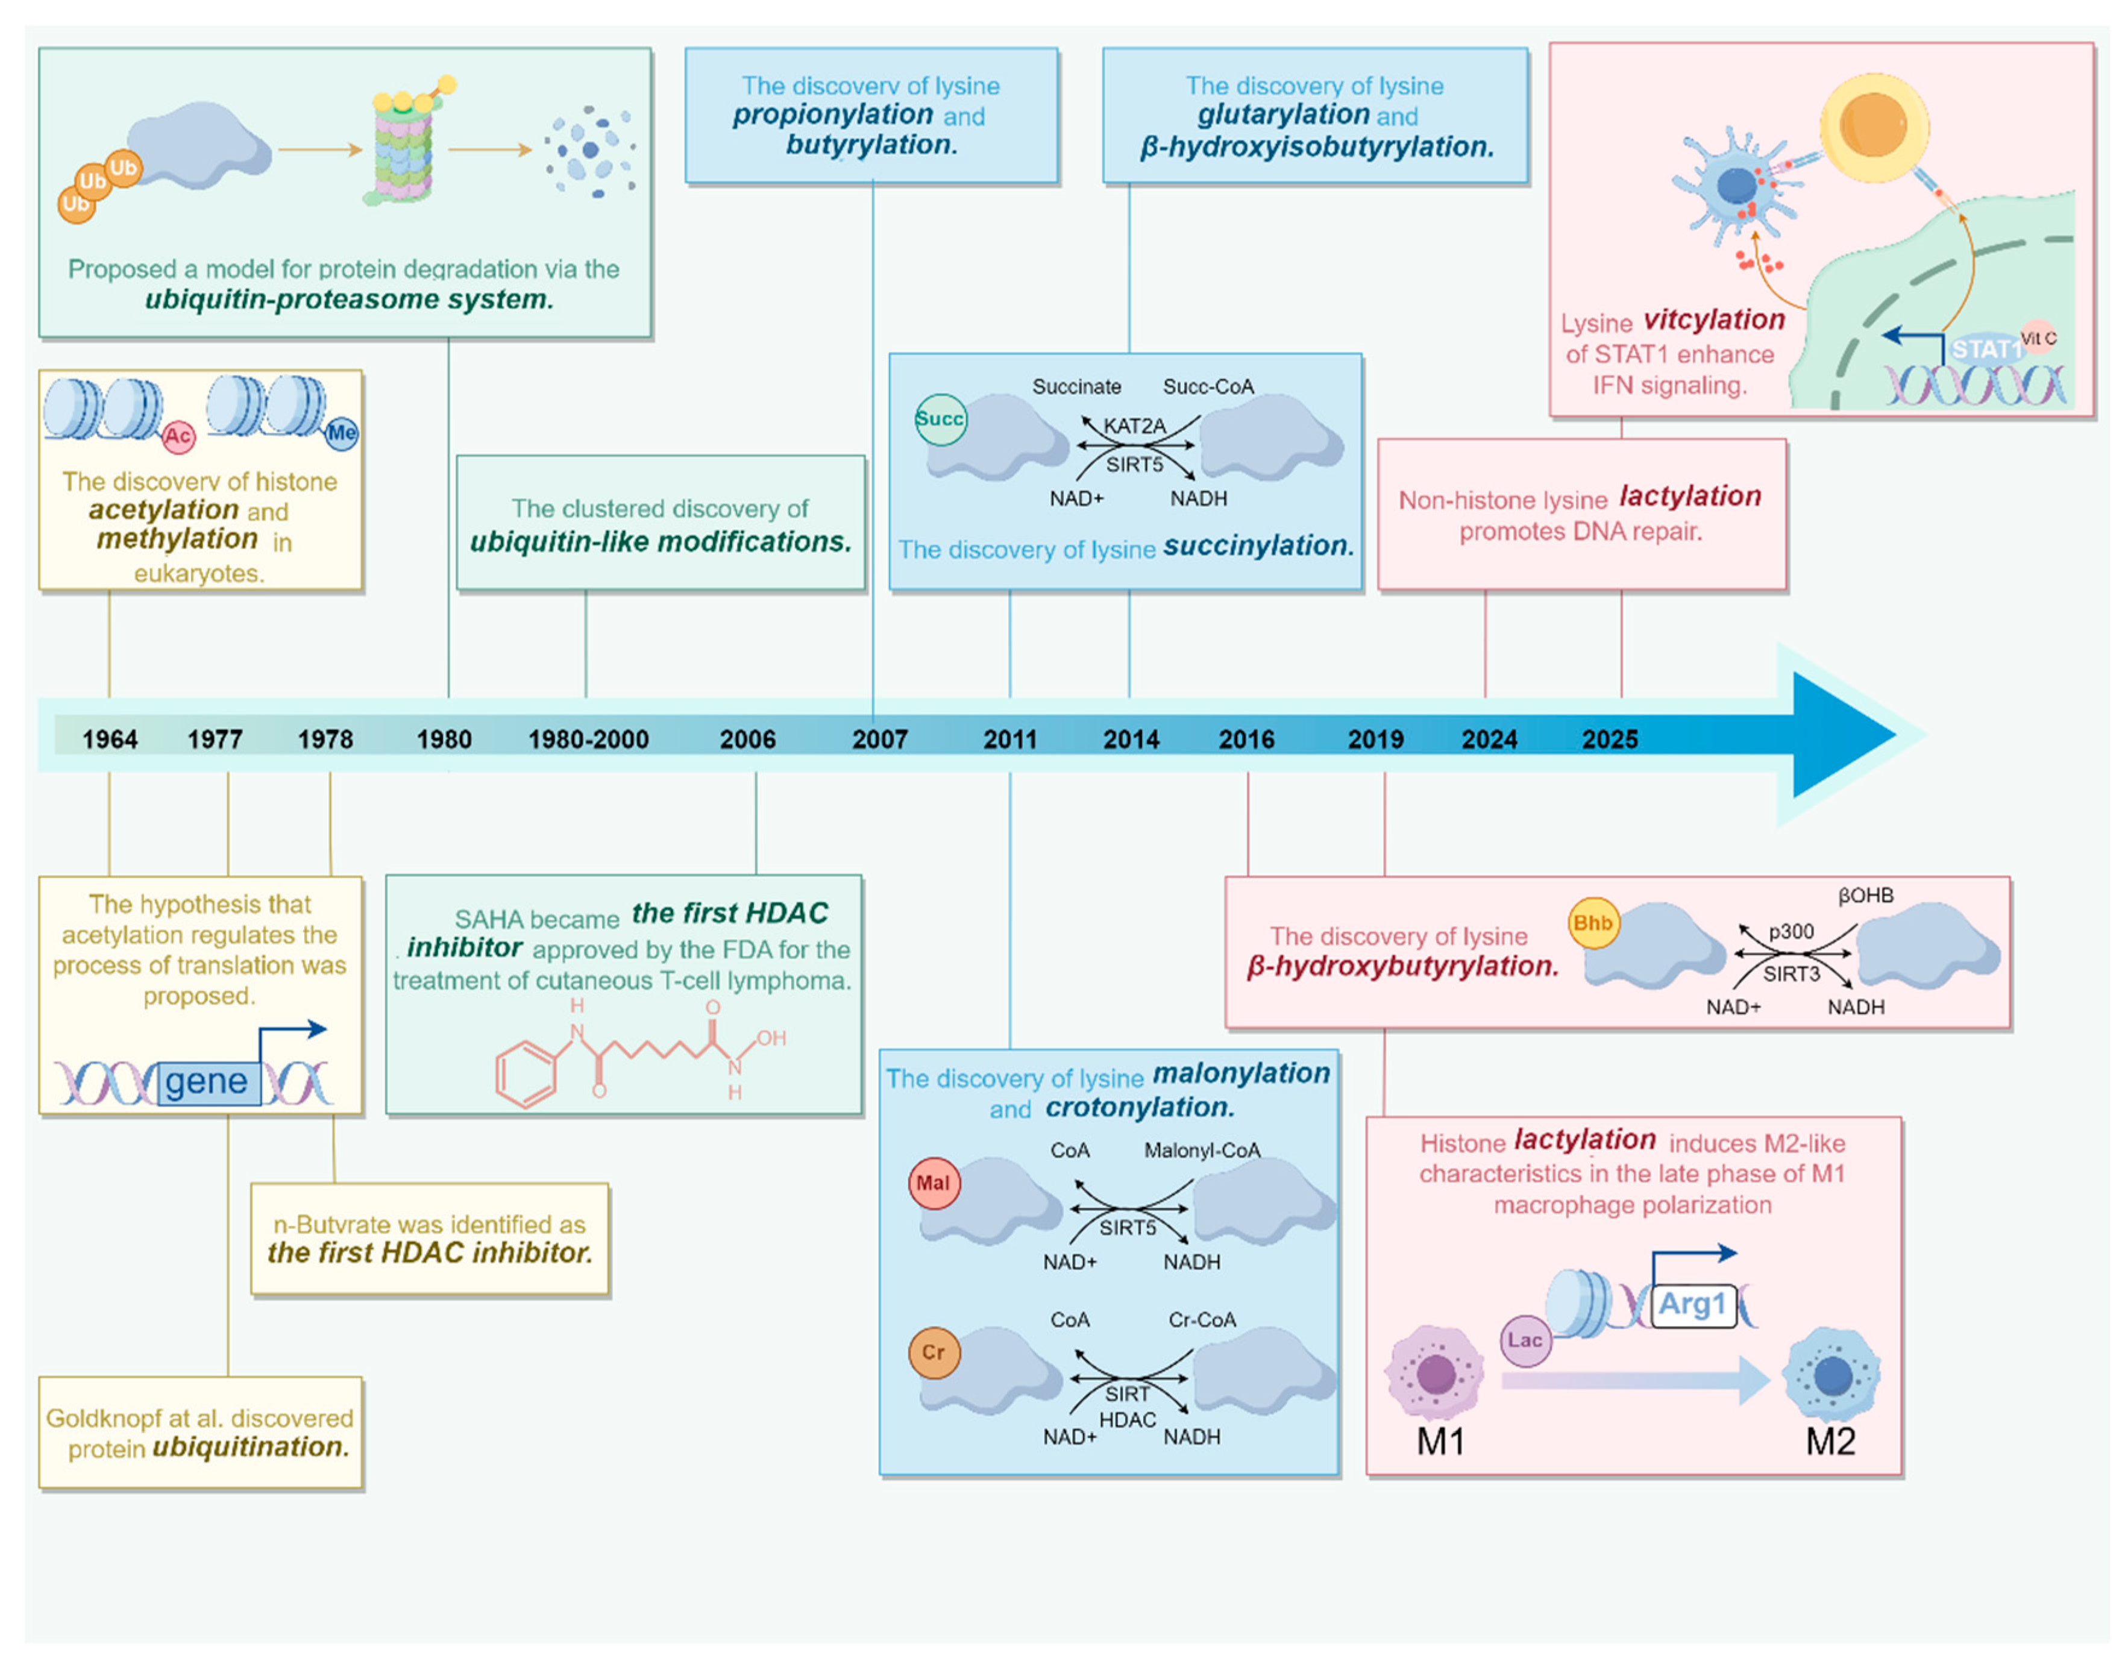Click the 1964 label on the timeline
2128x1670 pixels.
[110, 739]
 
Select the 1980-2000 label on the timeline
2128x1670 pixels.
[588, 739]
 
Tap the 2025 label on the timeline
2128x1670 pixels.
[1609, 739]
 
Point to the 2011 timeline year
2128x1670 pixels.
[1009, 739]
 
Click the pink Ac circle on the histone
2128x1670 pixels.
[177, 436]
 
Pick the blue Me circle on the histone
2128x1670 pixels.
[341, 432]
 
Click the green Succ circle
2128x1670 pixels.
[940, 419]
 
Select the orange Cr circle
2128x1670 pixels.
[934, 1352]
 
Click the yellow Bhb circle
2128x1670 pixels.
[1592, 923]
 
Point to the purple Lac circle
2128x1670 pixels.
[1525, 1340]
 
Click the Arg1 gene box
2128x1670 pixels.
[1692, 1304]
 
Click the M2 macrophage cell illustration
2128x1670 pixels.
[1831, 1373]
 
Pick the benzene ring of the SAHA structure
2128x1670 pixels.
[526, 1073]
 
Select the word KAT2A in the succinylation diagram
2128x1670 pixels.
[1134, 426]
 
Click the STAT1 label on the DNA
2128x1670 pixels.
[1985, 349]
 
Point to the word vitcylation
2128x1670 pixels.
[1713, 320]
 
